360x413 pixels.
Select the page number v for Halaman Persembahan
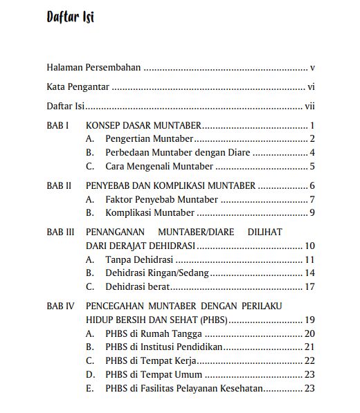click(x=313, y=68)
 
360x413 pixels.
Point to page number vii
click(x=310, y=107)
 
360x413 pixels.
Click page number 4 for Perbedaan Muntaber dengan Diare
click(x=313, y=152)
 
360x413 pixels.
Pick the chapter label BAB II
click(x=59, y=185)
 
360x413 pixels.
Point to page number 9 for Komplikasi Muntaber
click(x=313, y=212)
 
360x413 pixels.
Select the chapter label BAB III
click(x=60, y=232)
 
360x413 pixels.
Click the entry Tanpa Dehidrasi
click(x=139, y=259)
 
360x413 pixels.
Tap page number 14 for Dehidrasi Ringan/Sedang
click(x=310, y=273)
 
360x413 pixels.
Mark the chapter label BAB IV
click(x=60, y=306)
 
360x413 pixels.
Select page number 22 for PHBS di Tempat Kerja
click(x=310, y=360)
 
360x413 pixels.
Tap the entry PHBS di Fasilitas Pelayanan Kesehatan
click(x=184, y=388)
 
